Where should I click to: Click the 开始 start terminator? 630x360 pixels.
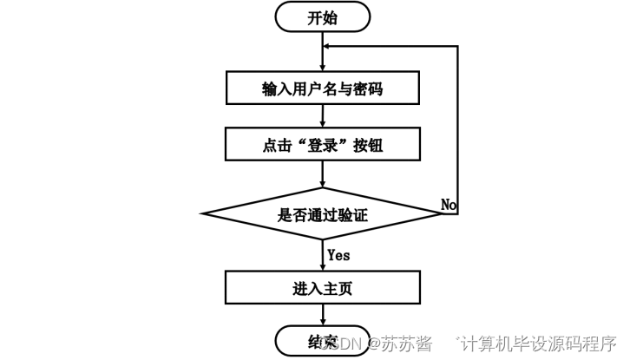(322, 17)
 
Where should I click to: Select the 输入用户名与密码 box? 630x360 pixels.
(322, 88)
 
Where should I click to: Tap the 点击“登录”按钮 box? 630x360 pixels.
(322, 145)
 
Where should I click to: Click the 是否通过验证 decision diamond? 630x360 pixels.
(322, 214)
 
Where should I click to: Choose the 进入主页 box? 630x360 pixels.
(322, 285)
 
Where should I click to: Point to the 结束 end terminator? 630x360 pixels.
(322, 340)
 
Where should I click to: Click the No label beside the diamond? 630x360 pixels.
(449, 204)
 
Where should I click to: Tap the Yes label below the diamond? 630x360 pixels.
(339, 255)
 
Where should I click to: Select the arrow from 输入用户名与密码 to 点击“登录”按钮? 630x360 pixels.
(322, 115)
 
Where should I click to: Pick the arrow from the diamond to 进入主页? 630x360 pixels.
(322, 256)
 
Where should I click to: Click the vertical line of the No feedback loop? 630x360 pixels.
(457, 130)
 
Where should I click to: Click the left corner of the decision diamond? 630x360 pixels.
(203, 214)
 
